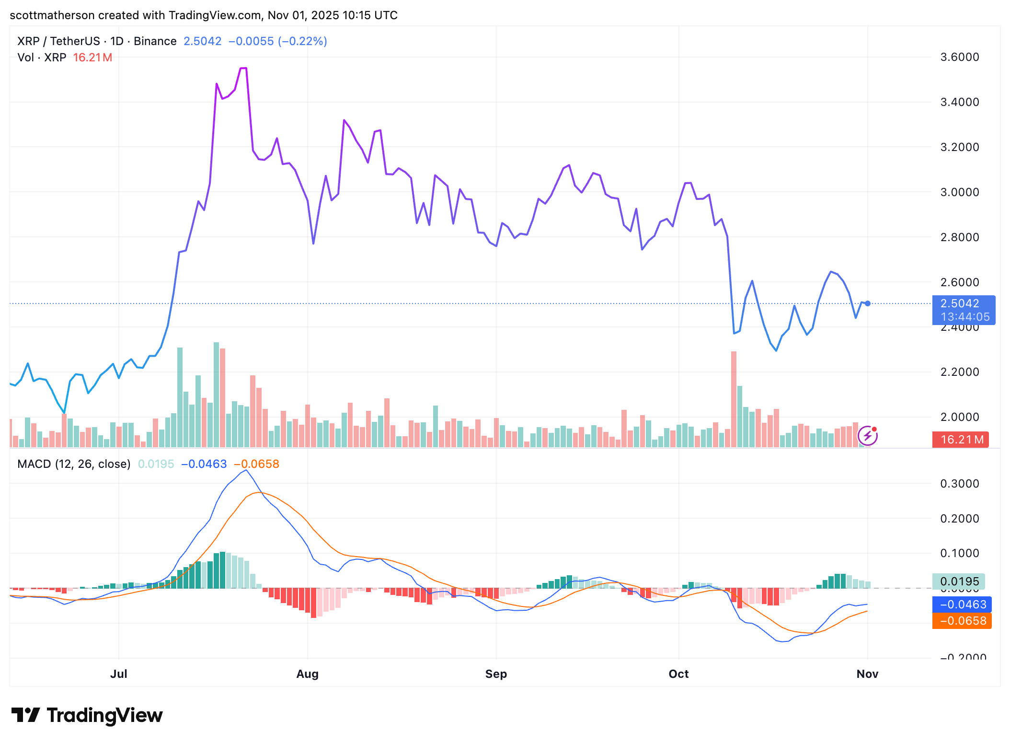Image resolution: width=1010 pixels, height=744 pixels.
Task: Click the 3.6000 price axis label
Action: [x=959, y=57]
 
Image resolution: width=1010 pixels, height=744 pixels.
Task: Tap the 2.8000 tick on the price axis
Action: [x=959, y=237]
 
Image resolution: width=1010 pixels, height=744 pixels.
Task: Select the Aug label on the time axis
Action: [x=307, y=674]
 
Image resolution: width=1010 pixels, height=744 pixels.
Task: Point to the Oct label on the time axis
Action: [x=678, y=674]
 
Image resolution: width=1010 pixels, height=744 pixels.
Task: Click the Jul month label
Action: [x=118, y=674]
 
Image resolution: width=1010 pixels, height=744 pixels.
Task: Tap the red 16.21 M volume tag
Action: [x=960, y=439]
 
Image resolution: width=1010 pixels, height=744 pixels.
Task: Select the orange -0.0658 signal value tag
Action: [x=962, y=621]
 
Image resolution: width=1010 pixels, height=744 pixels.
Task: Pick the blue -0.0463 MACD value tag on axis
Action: [x=962, y=604]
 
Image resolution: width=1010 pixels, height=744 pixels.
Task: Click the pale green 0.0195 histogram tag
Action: [x=958, y=581]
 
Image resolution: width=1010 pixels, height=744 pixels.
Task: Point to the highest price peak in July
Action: [x=243, y=68]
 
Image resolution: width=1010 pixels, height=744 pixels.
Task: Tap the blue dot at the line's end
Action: [x=868, y=303]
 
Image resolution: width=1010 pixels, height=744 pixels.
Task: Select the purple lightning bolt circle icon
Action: [x=867, y=436]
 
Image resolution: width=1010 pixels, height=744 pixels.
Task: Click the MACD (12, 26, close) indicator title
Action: [x=74, y=464]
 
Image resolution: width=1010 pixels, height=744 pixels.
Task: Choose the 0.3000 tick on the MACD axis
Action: [x=959, y=483]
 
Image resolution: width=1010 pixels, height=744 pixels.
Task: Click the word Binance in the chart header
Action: [x=155, y=41]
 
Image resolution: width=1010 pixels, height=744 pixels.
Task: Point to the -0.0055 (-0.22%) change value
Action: [x=278, y=41]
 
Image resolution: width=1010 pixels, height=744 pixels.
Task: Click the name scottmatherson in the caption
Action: [x=52, y=15]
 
